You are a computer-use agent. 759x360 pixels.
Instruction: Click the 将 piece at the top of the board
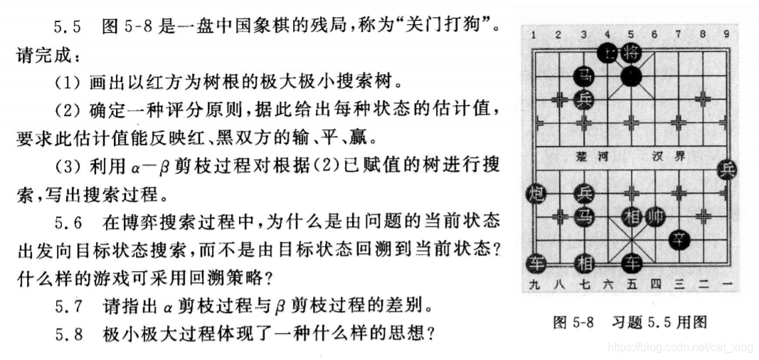(631, 52)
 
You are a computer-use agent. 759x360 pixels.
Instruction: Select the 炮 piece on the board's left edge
(536, 193)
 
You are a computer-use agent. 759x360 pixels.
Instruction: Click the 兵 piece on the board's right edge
(727, 169)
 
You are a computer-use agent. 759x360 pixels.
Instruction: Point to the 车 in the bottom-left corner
(536, 263)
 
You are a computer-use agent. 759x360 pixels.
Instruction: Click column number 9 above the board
(726, 33)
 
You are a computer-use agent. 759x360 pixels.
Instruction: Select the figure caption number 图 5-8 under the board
(573, 322)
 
